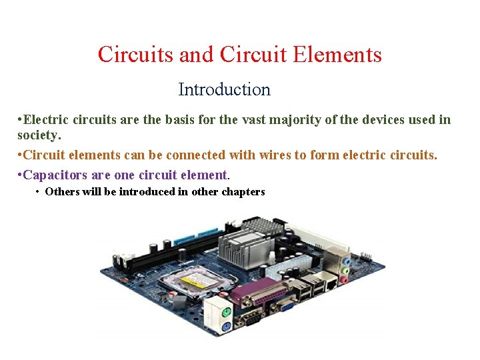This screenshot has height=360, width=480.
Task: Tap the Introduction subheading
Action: (224, 89)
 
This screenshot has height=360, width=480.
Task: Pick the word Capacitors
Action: (54, 175)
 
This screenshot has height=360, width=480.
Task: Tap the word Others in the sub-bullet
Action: (61, 192)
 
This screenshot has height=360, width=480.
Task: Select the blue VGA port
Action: (286, 306)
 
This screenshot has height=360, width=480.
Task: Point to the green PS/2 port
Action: (226, 311)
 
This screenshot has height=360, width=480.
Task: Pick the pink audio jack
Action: (344, 280)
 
